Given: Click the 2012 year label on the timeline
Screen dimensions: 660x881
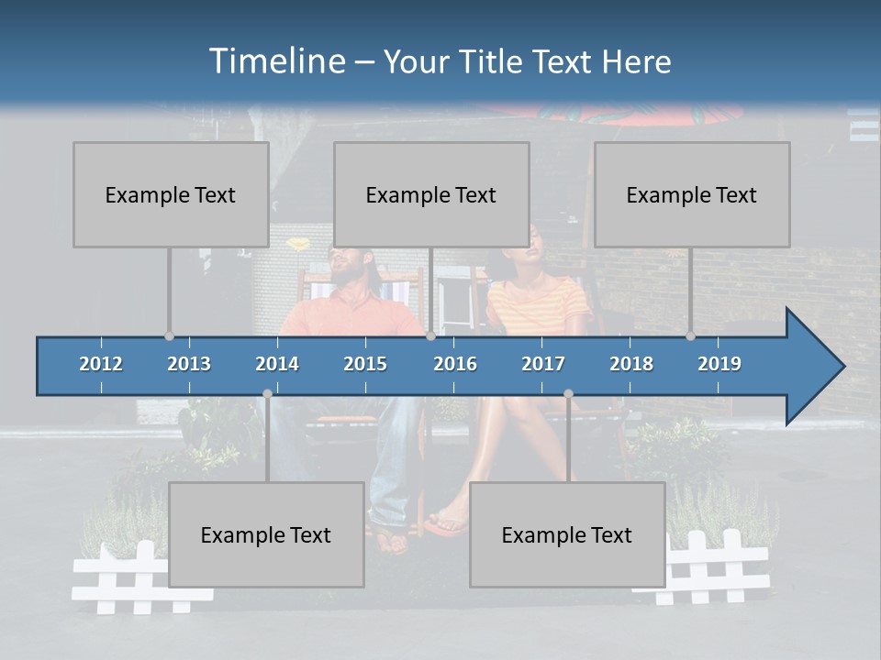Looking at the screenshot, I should click(101, 364).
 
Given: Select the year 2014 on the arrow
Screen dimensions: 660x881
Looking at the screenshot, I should click(277, 364).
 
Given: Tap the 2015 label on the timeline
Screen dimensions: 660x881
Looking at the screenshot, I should click(365, 364).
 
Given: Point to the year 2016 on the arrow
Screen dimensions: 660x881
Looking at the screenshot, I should click(455, 364).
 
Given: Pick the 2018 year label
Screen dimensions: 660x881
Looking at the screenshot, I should click(631, 364).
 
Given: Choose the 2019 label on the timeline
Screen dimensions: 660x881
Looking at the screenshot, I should click(719, 364).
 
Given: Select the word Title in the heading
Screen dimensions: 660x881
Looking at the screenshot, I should click(494, 61).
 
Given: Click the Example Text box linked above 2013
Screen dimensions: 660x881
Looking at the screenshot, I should click(171, 194).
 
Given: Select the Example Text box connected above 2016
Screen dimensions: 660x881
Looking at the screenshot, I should click(431, 194).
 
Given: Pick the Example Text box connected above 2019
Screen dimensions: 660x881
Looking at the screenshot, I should click(692, 194).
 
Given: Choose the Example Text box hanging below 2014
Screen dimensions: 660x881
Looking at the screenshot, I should click(266, 534).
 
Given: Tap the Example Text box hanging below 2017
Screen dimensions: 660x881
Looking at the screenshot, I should click(567, 534).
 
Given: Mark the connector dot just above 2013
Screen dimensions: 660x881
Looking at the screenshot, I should click(169, 335).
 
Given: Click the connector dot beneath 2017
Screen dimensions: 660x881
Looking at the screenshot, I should click(568, 394).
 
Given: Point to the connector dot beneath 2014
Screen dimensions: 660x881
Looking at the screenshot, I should click(267, 394).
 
